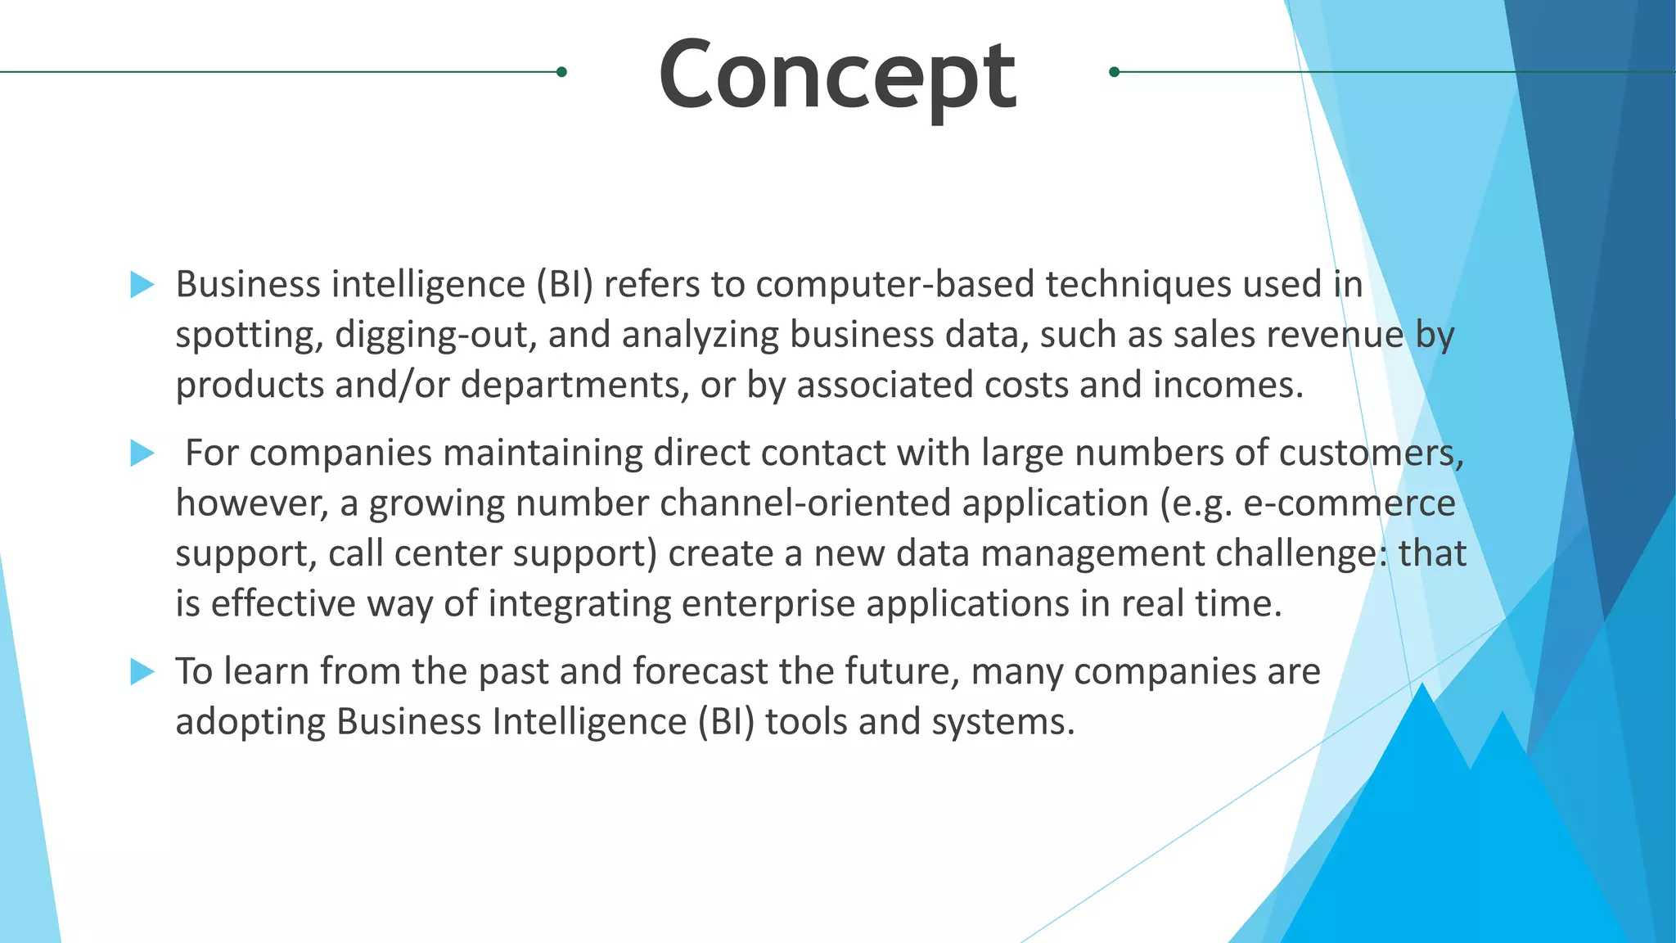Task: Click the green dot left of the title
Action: point(561,72)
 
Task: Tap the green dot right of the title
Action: point(1114,72)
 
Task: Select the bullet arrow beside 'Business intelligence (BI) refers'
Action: point(142,285)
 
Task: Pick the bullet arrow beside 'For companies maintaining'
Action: point(142,453)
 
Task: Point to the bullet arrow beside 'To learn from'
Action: point(142,672)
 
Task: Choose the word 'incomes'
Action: point(1228,386)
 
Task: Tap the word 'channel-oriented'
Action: point(805,503)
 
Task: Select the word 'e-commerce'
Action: point(1349,503)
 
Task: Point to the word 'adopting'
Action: point(250,723)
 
